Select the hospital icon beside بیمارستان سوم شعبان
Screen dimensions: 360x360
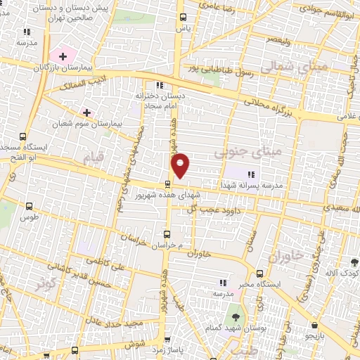coord(86,112)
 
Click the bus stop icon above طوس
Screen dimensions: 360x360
coord(29,207)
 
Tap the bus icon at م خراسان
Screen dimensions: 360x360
coord(167,234)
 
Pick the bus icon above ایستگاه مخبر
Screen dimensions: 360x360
coord(260,273)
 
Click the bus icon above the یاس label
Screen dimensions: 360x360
coord(184,17)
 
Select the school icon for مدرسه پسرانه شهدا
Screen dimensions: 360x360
coord(251,174)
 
